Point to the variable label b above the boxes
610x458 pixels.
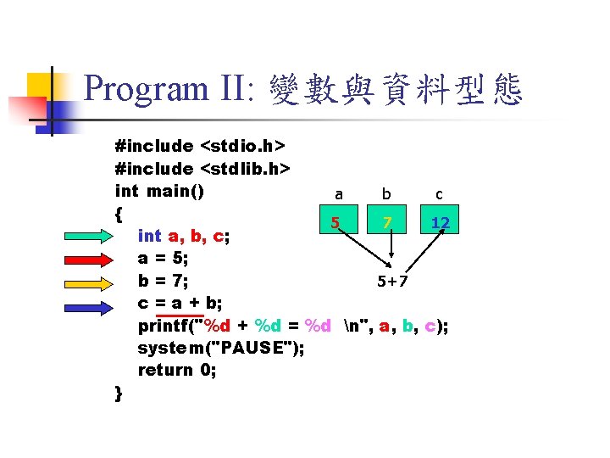tap(388, 194)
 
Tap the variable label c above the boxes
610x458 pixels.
tap(439, 194)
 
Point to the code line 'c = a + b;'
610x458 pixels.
tap(181, 303)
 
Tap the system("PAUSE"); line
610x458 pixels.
tap(221, 348)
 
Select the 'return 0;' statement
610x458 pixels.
tap(177, 370)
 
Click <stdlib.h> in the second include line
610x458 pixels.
tap(246, 169)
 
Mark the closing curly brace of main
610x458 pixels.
tap(119, 392)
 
